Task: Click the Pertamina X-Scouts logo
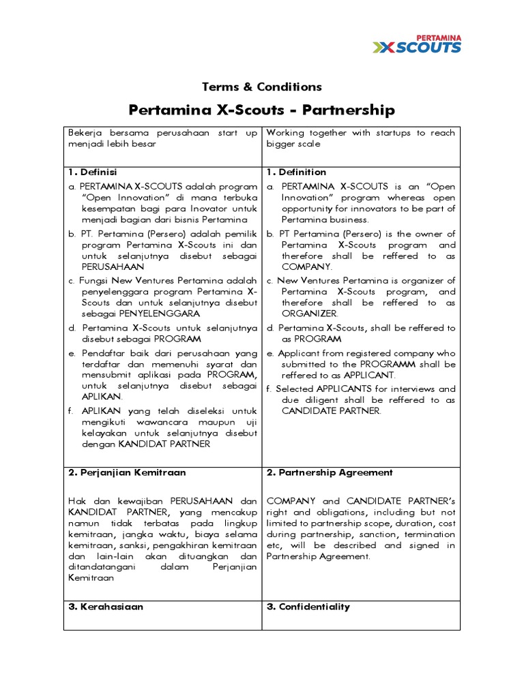pyautogui.click(x=416, y=44)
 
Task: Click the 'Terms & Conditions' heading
pyautogui.click(x=262, y=87)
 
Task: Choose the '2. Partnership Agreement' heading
pyautogui.click(x=330, y=472)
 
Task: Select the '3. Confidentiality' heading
pyautogui.click(x=308, y=607)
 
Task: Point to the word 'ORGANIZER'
pyautogui.click(x=309, y=314)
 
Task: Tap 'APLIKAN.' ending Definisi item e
pyautogui.click(x=102, y=396)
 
